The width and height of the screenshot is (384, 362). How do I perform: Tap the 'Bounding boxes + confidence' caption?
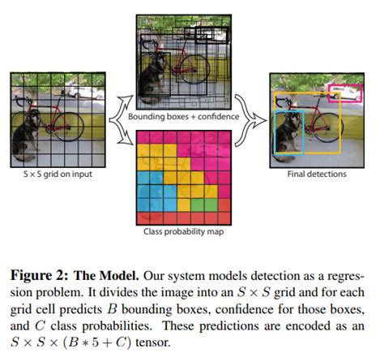tap(179, 117)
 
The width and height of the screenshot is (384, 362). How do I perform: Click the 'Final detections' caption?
tap(309, 172)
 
